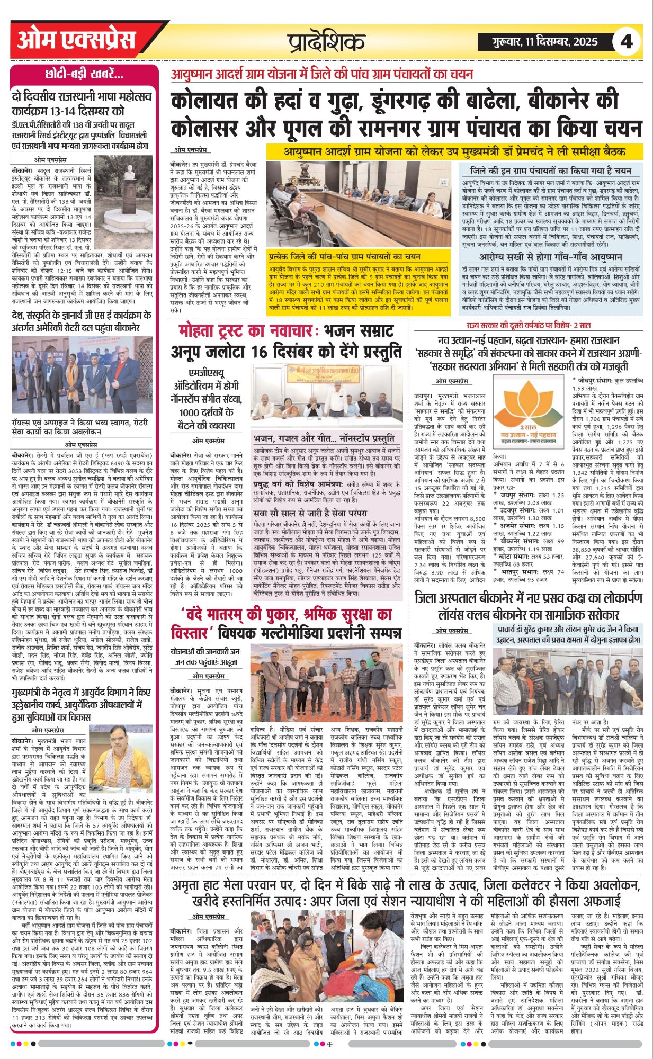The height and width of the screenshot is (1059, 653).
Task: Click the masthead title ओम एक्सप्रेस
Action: click(77, 41)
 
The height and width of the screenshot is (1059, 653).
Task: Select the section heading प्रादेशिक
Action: click(327, 41)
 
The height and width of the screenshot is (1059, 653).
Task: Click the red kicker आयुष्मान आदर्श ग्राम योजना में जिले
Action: click(321, 74)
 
